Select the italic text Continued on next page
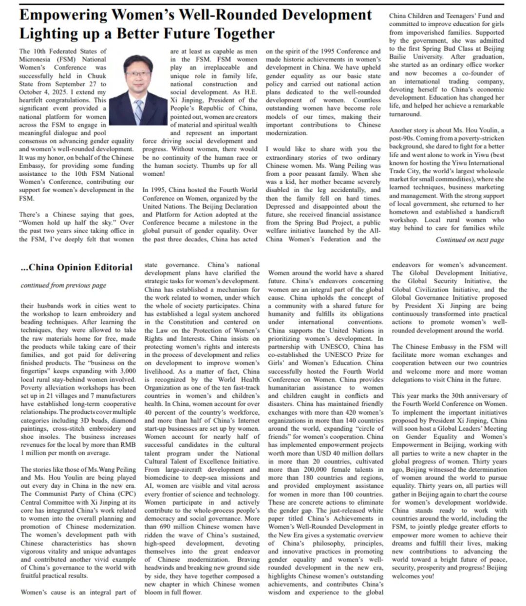(x=470, y=239)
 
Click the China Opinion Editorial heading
(x=76, y=267)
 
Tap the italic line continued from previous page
(x=63, y=285)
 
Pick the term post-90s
(x=401, y=138)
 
